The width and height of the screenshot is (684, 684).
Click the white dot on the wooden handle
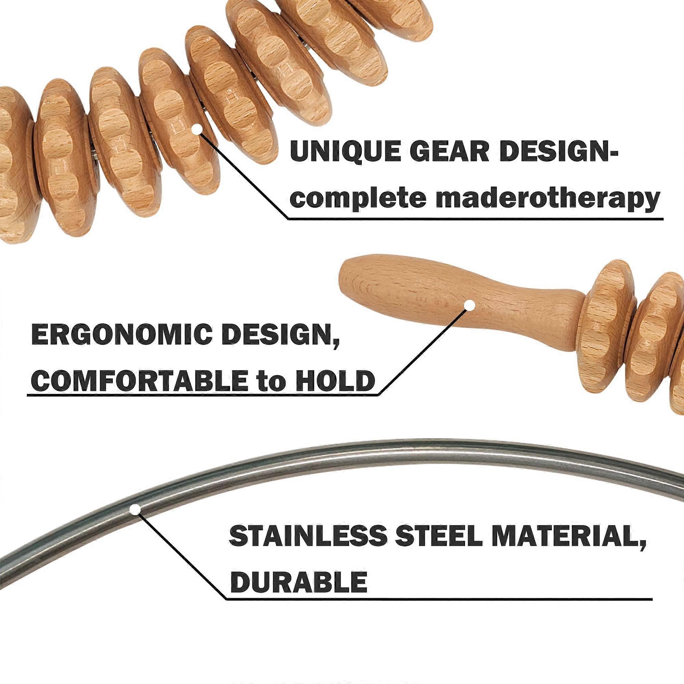point(470,305)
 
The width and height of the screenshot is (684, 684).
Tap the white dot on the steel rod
point(135,510)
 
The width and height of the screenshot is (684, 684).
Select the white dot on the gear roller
point(197,130)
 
